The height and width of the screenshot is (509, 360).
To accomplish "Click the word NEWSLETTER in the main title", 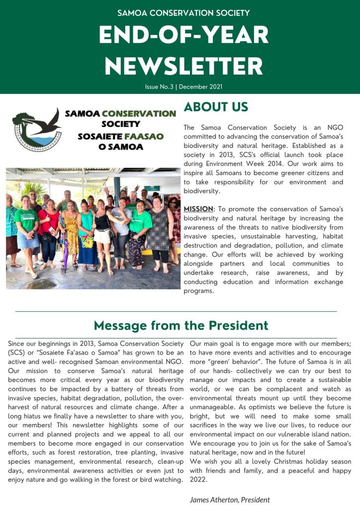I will click(183, 66).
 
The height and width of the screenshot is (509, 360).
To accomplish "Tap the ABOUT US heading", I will click(216, 107).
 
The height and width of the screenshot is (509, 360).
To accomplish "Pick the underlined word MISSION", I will click(198, 209).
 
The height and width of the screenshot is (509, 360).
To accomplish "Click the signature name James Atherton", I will click(214, 500).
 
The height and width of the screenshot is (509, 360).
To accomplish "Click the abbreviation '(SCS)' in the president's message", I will click(17, 352).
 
